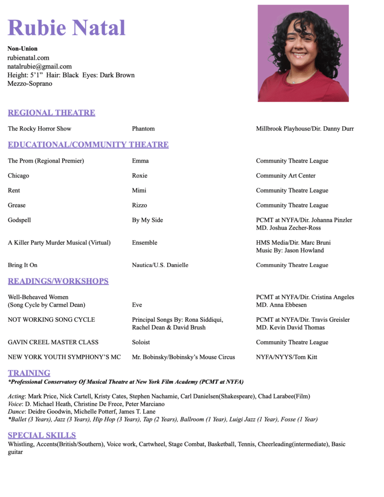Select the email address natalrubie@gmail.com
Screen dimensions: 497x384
pos(39,66)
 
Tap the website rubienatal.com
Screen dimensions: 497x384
pos(28,58)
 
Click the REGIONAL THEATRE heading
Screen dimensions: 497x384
pos(52,113)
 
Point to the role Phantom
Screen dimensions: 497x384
pos(143,129)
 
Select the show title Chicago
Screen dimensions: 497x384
pos(18,176)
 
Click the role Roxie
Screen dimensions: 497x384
pos(140,176)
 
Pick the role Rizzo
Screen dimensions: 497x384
pos(140,205)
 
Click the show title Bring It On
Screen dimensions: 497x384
pos(22,265)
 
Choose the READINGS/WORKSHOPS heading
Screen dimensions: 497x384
pos(58,281)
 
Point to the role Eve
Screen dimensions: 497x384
pos(138,305)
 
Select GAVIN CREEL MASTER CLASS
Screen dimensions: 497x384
pos(53,342)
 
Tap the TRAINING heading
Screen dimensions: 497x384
pos(29,373)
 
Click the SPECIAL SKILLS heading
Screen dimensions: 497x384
pos(42,435)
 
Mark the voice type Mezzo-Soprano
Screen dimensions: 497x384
pos(30,83)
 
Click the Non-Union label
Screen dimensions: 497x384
pos(22,49)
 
